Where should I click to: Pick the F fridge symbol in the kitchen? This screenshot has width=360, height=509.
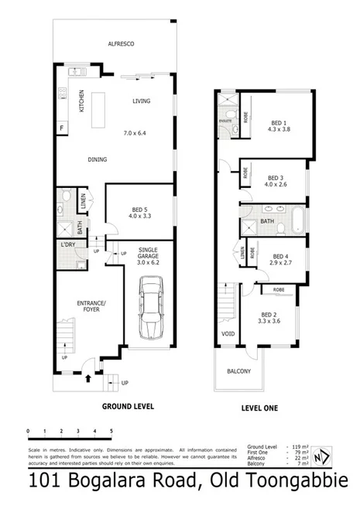point(61,128)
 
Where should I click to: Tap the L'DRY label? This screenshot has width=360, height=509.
point(67,246)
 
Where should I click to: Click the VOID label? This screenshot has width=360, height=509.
point(227,333)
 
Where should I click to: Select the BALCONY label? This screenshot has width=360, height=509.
point(238,371)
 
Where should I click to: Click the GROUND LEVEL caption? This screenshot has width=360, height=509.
point(128,406)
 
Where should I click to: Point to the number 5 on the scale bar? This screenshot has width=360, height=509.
point(111,430)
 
